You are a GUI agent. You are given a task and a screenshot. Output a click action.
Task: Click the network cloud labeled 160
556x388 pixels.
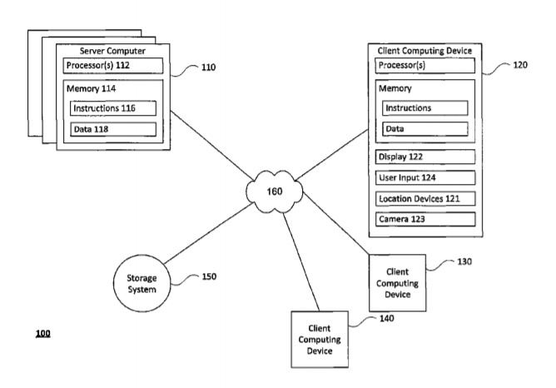(274, 192)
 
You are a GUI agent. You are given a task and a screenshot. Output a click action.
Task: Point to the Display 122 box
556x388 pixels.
(425, 157)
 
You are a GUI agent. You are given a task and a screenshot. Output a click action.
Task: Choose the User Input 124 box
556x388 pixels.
(425, 177)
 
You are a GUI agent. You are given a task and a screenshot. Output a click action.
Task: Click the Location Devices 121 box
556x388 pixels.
(425, 198)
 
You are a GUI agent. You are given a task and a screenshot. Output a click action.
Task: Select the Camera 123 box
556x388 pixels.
(425, 219)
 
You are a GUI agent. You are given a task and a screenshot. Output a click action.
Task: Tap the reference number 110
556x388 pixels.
(211, 67)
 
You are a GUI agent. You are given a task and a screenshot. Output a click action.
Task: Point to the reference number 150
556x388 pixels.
(210, 276)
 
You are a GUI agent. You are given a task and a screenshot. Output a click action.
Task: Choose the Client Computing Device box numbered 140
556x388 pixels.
(320, 339)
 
